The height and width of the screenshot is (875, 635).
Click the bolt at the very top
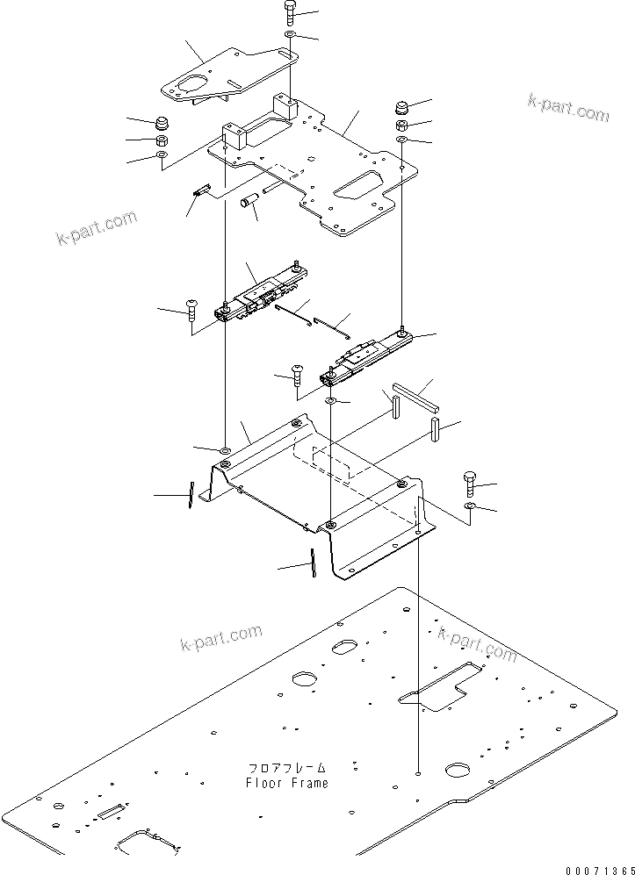pos(291,12)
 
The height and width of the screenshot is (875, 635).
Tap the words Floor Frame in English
pos(287,783)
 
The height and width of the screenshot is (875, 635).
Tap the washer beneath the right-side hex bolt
pos(469,508)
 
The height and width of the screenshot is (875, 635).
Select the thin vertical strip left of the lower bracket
pos(189,495)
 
